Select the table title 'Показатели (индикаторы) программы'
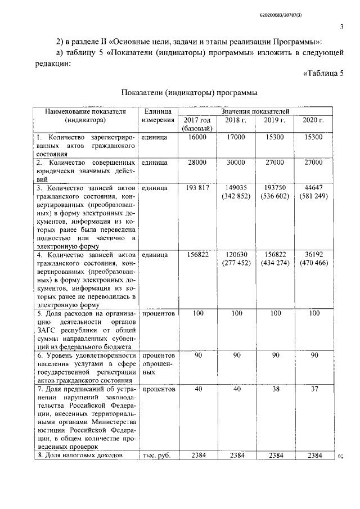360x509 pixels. (186, 92)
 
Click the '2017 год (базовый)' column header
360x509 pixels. (197, 124)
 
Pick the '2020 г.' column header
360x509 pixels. (313, 120)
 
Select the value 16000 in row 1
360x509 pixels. (197, 137)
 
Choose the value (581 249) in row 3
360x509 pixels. (313, 196)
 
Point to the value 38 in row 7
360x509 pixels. (274, 389)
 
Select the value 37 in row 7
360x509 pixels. (313, 389)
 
